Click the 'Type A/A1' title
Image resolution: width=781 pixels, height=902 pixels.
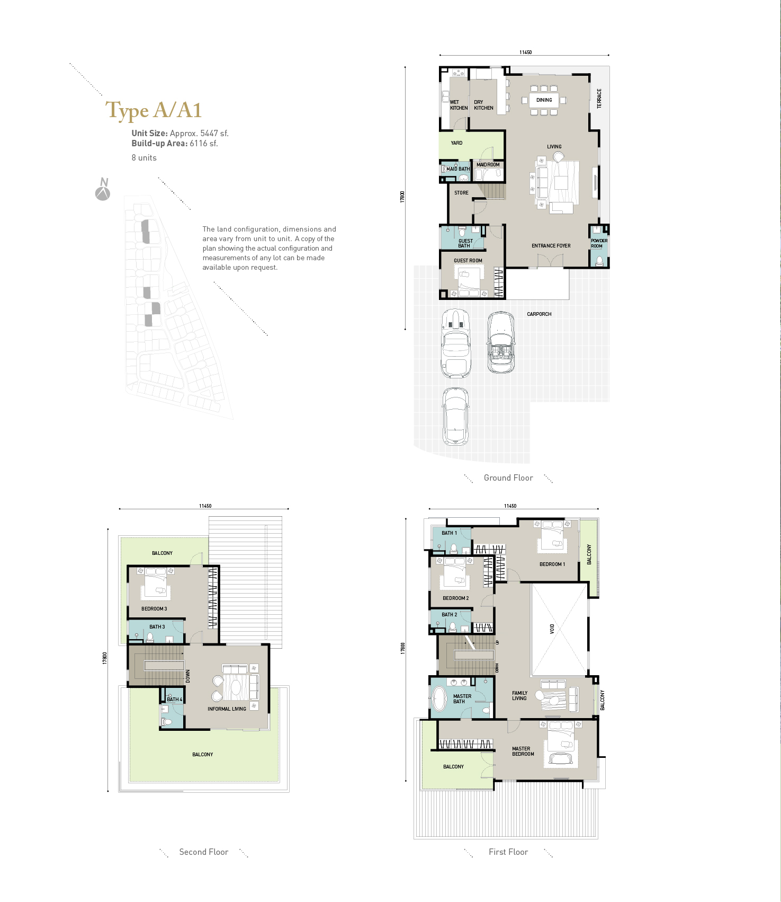pos(154,110)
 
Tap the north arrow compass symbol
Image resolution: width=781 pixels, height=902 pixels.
pos(103,190)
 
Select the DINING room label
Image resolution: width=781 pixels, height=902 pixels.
pos(544,100)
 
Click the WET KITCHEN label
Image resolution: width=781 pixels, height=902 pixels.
pos(459,105)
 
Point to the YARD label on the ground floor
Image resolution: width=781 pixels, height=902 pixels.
pos(456,143)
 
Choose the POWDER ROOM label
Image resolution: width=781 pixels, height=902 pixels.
pos(599,243)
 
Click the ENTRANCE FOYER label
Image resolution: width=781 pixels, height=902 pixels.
pos(551,246)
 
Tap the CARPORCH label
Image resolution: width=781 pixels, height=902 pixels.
pos(539,314)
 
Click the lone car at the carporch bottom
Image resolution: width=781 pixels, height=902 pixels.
pos(455,417)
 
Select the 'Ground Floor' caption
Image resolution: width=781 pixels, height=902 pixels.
pos(508,478)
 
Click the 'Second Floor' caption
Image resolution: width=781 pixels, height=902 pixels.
pos(204,852)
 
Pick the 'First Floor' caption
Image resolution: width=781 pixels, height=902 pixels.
pos(508,852)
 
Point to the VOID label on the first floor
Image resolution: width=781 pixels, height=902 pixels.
pos(552,629)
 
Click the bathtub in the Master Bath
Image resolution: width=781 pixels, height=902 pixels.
pos(439,699)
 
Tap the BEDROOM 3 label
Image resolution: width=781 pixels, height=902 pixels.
pos(154,609)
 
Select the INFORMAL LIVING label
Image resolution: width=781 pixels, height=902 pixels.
pos(227,709)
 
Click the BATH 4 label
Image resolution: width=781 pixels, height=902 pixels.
pos(174,700)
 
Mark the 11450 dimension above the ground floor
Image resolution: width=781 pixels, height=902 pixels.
pos(525,52)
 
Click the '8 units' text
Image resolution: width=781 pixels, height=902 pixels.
pos(144,158)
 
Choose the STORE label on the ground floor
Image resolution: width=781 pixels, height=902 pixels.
pos(461,193)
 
